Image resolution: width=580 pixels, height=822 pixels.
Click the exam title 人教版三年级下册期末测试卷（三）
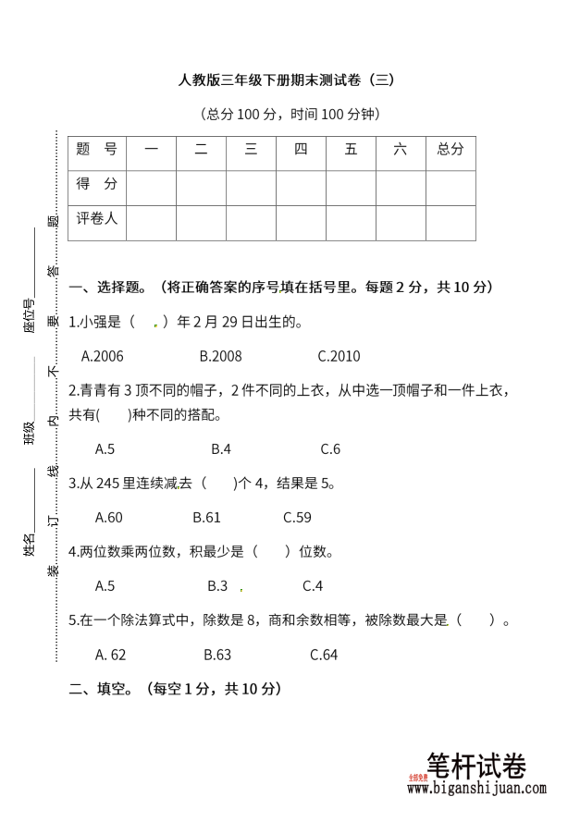(287, 80)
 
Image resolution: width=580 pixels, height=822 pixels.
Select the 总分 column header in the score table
(450, 149)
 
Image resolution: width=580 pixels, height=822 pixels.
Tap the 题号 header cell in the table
(96, 149)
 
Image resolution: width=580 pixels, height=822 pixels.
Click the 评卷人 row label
(96, 219)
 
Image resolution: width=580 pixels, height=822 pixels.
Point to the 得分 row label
(96, 184)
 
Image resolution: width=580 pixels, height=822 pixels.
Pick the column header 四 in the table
(301, 149)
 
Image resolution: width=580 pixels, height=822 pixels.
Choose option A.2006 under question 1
(103, 356)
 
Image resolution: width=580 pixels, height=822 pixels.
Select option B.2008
(220, 356)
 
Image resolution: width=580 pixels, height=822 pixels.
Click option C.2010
(339, 356)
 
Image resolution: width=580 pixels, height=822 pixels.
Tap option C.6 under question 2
(330, 449)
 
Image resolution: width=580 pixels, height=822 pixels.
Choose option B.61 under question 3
(206, 517)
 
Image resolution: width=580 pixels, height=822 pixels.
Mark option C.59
(297, 517)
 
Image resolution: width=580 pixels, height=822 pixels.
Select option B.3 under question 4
(217, 585)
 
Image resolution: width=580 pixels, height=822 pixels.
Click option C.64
(324, 655)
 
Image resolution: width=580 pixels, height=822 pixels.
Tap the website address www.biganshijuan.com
(476, 789)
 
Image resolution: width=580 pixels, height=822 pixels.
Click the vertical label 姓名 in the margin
(30, 546)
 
